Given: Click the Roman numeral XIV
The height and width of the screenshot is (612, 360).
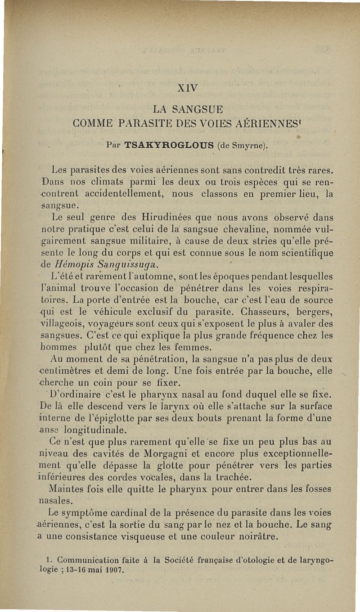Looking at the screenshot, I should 188,87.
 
